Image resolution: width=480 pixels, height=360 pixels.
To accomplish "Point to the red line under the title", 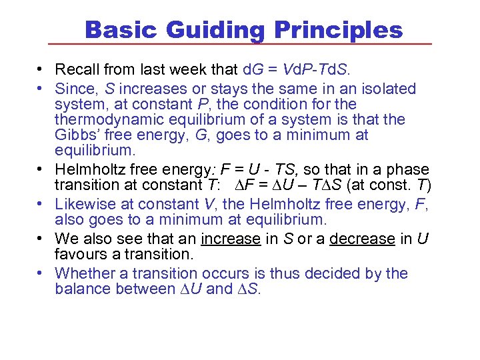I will [240, 45].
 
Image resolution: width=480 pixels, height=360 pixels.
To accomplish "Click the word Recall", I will [76, 69].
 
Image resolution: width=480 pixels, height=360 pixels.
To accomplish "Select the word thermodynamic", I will [111, 120].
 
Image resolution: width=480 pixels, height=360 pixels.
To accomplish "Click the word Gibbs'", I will [77, 135].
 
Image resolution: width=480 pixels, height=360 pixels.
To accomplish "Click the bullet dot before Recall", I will [41, 69].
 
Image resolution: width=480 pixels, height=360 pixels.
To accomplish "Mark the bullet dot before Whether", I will [41, 273].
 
